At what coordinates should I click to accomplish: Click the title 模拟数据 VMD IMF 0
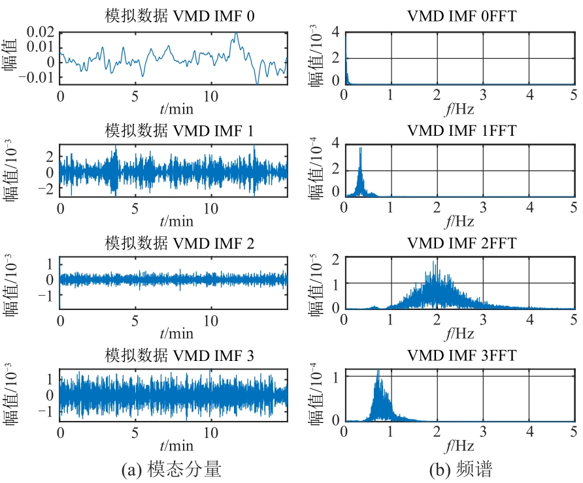(x=173, y=16)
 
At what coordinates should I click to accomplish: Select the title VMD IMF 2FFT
(x=461, y=243)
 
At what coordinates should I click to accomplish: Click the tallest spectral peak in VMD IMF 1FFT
(x=360, y=148)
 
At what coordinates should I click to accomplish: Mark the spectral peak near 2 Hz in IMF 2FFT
(x=434, y=262)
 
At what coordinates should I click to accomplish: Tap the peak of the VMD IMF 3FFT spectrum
(x=378, y=371)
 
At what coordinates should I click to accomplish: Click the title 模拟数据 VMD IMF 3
(x=173, y=355)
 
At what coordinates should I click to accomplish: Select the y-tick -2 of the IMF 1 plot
(x=48, y=188)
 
